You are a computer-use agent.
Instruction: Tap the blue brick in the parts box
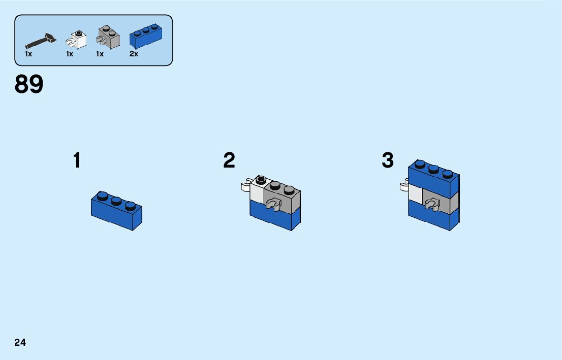tap(146, 37)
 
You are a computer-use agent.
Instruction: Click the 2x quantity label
tap(134, 54)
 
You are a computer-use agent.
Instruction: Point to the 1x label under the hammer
tap(28, 54)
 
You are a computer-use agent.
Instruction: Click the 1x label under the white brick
tap(70, 54)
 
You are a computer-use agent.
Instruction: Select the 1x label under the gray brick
tap(100, 54)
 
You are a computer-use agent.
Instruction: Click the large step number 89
tap(29, 85)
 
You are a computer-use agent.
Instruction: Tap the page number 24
tap(20, 343)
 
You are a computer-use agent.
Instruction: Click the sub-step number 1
tap(77, 161)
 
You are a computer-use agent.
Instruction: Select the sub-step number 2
tap(229, 161)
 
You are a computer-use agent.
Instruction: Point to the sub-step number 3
tap(388, 161)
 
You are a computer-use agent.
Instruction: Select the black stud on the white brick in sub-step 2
tap(261, 179)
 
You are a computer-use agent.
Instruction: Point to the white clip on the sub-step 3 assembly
tap(404, 186)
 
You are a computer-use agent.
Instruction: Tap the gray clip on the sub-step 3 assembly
tap(433, 206)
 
